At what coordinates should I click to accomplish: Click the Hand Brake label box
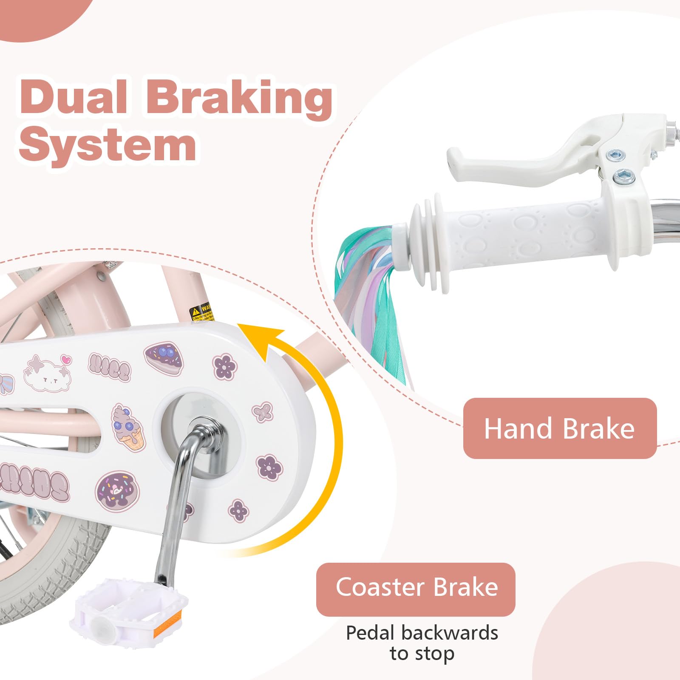click(559, 428)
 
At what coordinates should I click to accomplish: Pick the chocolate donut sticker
click(117, 491)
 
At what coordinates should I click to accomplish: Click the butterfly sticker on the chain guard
click(262, 411)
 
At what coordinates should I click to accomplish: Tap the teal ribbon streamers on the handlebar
click(370, 297)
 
